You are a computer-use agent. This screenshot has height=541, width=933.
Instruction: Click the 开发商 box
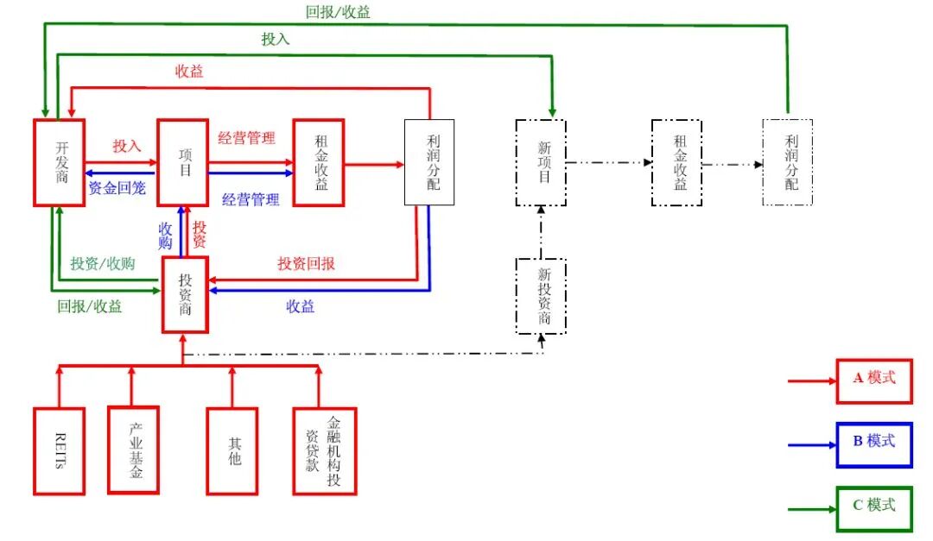pyautogui.click(x=59, y=162)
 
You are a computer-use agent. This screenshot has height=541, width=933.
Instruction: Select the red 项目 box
pyautogui.click(x=183, y=162)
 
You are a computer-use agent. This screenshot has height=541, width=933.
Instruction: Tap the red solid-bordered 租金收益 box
pyautogui.click(x=319, y=162)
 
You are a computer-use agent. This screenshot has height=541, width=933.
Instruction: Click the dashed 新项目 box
pyautogui.click(x=541, y=162)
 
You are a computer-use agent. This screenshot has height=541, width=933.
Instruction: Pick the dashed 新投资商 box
pyautogui.click(x=541, y=296)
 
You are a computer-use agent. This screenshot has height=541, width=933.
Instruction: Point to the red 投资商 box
pyautogui.click(x=186, y=293)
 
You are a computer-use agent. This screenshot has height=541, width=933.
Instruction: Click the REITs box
pyautogui.click(x=59, y=450)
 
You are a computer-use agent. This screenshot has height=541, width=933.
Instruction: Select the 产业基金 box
pyautogui.click(x=134, y=450)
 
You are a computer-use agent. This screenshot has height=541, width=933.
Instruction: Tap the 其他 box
pyautogui.click(x=232, y=450)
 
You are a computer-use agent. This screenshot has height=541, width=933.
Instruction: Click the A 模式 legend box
pyautogui.click(x=874, y=381)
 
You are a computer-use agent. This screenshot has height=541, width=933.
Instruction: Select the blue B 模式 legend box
pyautogui.click(x=874, y=444)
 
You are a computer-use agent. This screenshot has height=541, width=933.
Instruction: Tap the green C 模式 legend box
pyautogui.click(x=874, y=508)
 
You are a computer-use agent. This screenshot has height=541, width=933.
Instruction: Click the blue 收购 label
pyautogui.click(x=166, y=236)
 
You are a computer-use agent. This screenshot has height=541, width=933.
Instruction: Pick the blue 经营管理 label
pyautogui.click(x=251, y=199)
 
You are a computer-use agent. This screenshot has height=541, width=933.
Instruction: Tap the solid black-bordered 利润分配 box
pyautogui.click(x=429, y=162)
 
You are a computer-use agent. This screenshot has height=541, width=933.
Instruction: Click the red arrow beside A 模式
pyautogui.click(x=812, y=381)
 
